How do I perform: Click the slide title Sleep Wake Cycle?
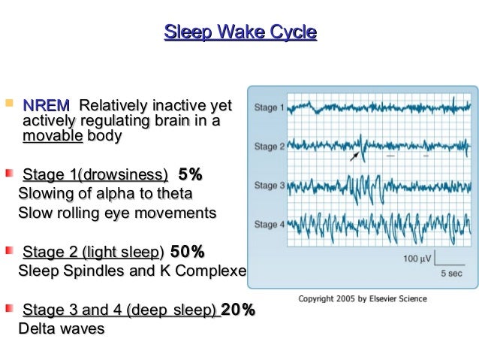(240, 32)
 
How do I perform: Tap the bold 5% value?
(190, 176)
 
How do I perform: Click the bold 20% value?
(238, 310)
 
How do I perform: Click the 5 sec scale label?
(451, 273)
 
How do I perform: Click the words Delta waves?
(61, 328)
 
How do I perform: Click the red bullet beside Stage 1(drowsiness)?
(8, 174)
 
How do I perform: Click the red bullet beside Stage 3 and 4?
(8, 308)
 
